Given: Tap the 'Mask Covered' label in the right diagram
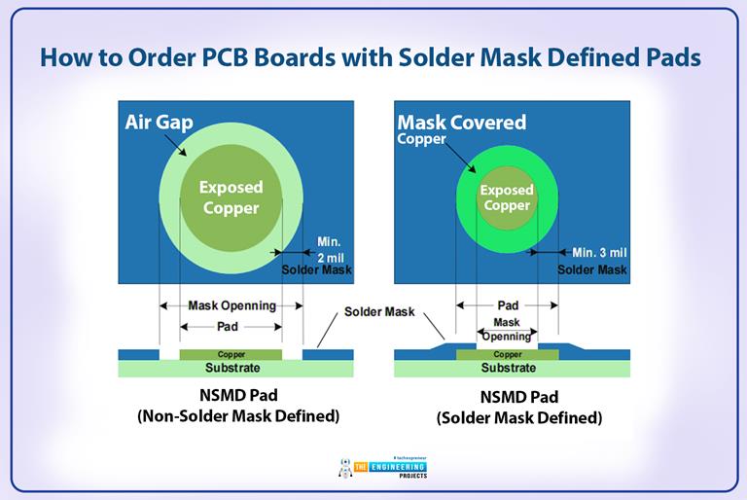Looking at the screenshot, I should coord(461,123).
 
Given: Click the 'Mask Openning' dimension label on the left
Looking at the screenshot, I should coord(231,305).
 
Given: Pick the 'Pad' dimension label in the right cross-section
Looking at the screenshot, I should coord(507,304).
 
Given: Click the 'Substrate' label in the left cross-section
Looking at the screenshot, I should coord(231,369).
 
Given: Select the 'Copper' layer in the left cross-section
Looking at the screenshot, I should coord(231,355).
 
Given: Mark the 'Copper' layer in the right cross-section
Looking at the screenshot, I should coord(507,355).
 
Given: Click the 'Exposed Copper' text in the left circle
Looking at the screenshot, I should coord(231,196).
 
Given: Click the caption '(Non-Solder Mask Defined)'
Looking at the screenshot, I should coord(231,417).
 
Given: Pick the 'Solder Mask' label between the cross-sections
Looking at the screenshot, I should coord(379,312).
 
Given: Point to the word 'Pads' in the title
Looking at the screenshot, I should coord(667,57).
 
